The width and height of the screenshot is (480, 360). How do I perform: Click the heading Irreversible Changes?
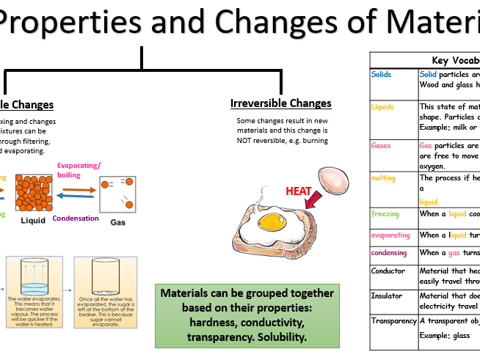281,103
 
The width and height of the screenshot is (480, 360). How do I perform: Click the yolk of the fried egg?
274,220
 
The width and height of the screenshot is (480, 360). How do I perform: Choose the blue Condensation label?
76,218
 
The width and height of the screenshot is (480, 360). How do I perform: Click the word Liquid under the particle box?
33,219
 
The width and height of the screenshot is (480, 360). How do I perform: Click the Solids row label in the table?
382,74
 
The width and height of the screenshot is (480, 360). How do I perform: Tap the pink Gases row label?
382,145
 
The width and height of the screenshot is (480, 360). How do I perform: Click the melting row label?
384,177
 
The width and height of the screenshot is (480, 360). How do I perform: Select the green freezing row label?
385,214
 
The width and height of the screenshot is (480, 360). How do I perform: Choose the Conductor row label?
388,271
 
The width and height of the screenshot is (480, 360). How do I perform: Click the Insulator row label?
386,295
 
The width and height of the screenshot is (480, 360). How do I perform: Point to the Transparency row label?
393,320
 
